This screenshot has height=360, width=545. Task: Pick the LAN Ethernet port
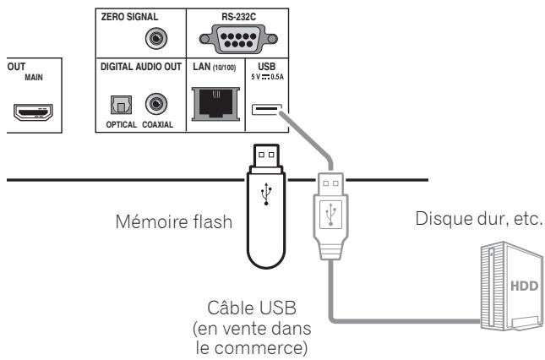tap(215, 106)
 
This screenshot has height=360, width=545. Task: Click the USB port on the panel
tap(265, 109)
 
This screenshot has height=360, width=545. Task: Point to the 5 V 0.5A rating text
tap(265, 76)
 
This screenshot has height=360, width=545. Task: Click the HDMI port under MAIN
tap(30, 109)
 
